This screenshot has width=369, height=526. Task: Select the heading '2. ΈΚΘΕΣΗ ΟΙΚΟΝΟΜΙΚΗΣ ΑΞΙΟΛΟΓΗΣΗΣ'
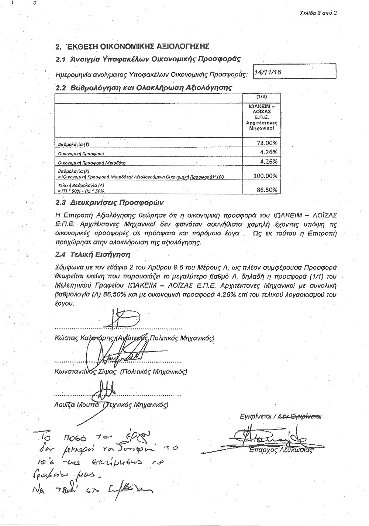click(132, 47)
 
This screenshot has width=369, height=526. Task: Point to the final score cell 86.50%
click(267, 190)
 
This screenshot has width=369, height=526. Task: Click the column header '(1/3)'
click(261, 97)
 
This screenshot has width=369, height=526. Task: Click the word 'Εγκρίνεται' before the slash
click(255, 417)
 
